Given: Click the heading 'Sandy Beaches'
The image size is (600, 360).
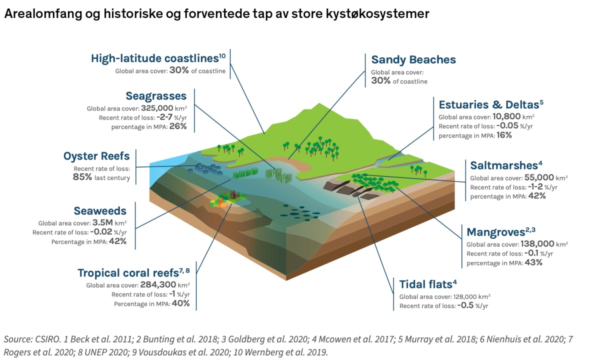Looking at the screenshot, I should click(413, 60).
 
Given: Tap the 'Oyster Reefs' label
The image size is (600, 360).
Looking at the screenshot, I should click(96, 156).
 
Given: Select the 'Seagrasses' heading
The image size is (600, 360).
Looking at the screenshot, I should click(156, 96).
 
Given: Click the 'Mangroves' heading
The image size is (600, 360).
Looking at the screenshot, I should click(495, 232).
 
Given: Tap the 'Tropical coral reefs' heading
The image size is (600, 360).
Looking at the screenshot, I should click(128, 273).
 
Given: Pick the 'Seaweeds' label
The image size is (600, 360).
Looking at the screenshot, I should click(100, 211).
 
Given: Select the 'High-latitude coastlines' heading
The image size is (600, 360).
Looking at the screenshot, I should click(155, 58).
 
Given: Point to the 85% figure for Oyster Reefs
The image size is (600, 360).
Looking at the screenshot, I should click(82, 177).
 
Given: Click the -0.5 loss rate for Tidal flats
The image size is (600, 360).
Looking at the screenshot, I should click(465, 305).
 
